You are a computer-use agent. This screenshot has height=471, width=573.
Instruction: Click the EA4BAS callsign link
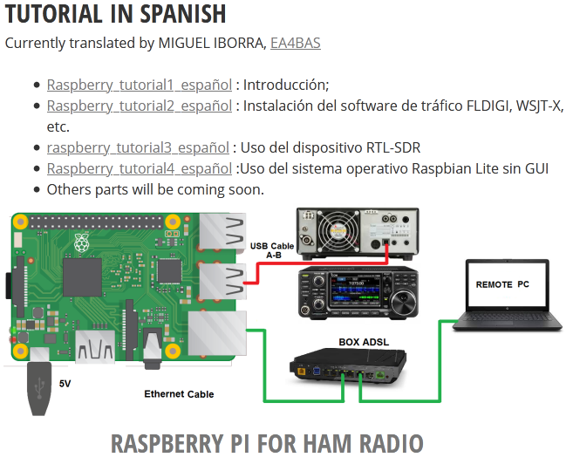(295, 42)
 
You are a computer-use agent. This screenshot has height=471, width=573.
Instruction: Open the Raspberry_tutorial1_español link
(140, 85)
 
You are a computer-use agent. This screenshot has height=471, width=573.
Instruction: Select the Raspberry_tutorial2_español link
(140, 106)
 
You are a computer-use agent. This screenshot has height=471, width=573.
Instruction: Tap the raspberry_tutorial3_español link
(138, 147)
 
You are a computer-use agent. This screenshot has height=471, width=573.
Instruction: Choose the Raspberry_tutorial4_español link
(140, 168)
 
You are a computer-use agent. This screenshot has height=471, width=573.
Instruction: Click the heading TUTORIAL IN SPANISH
(116, 14)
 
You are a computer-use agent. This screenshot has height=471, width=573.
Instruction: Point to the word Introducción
(285, 85)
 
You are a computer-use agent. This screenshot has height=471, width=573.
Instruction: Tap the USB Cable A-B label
(272, 250)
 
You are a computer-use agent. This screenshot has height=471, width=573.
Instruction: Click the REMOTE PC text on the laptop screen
(502, 284)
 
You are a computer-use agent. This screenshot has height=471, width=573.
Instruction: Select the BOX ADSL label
(364, 343)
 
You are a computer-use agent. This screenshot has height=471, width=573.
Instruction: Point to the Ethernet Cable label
(179, 394)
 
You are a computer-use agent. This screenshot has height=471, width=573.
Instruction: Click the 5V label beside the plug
(65, 384)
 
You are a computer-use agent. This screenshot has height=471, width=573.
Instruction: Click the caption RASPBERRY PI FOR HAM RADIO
(267, 443)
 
